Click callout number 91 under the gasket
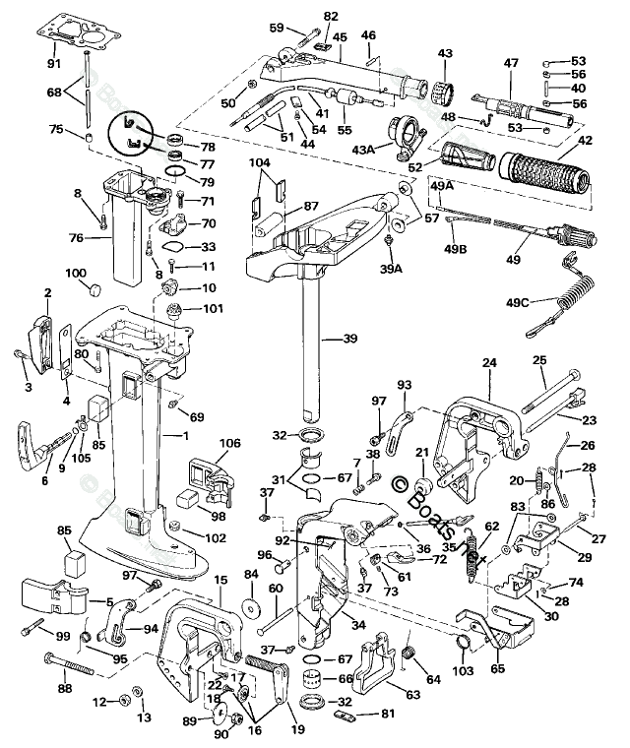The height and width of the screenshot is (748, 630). pyautogui.click(x=53, y=64)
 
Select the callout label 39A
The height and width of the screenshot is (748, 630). pyautogui.click(x=391, y=268)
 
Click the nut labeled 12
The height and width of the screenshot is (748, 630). pyautogui.click(x=124, y=700)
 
